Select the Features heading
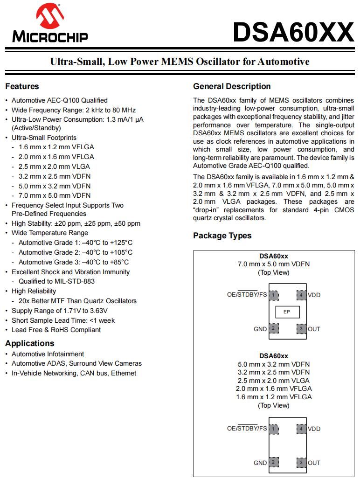click(x=22, y=86)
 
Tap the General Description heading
click(x=232, y=86)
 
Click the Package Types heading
click(x=222, y=236)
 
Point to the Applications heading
click(x=29, y=343)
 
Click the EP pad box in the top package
click(x=287, y=312)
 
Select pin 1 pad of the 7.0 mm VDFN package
click(x=274, y=295)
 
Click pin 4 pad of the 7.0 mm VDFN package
click(x=301, y=295)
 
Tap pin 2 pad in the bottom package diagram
click(x=274, y=462)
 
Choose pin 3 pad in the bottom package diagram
click(x=301, y=462)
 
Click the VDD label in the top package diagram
click(x=314, y=295)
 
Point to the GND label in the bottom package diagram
click(x=260, y=463)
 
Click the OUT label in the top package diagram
click(x=314, y=329)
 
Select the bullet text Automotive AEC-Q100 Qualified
click(x=60, y=100)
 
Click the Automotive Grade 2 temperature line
click(x=76, y=252)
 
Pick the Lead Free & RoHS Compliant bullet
click(x=56, y=330)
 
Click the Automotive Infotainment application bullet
click(x=48, y=354)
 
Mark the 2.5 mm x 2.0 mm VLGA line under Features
click(x=54, y=167)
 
